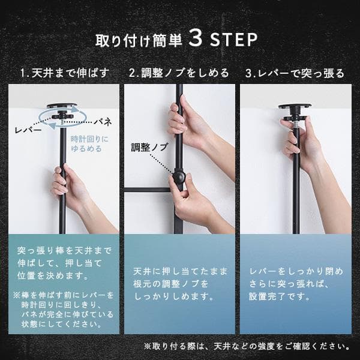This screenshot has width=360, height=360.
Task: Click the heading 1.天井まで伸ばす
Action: (64, 74)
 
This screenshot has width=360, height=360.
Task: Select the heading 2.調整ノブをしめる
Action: (179, 74)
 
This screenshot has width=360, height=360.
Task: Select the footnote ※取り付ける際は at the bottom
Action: (246, 346)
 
